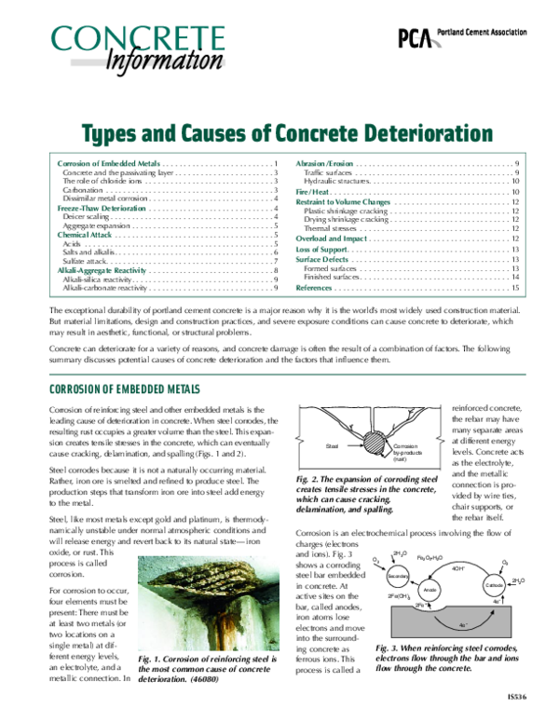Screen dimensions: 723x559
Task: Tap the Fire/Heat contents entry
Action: pos(314,191)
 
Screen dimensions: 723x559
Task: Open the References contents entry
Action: pos(314,289)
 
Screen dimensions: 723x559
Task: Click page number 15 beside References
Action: pos(515,289)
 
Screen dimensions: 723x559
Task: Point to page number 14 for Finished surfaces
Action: pos(515,278)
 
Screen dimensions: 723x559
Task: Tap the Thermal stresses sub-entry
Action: pos(331,228)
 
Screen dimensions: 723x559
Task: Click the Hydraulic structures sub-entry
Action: pos(337,181)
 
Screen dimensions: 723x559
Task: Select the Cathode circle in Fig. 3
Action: pos(495,584)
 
